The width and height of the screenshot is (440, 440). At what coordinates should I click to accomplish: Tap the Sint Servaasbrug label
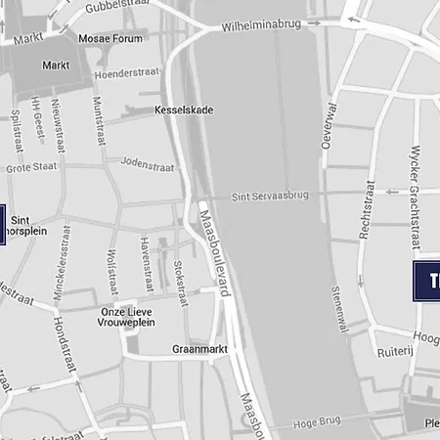point(269,197)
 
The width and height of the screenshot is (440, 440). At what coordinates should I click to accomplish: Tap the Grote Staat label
point(32,168)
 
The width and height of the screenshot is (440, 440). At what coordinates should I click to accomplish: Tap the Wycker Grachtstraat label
point(415,197)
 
